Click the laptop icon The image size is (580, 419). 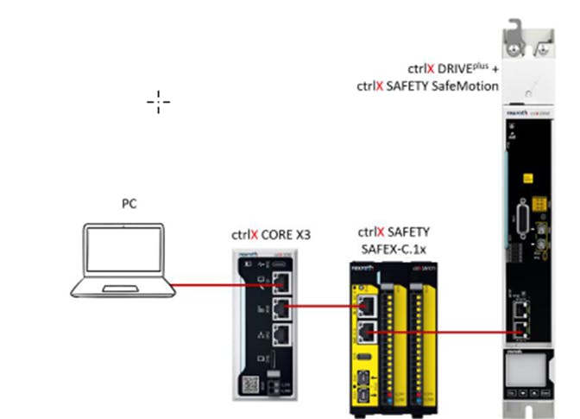[120, 261]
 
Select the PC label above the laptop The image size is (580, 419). [129, 204]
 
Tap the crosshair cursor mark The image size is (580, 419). [158, 102]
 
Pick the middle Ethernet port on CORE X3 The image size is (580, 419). [281, 307]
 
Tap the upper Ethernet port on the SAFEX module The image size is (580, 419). [366, 304]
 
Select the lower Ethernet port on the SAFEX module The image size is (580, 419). [366, 331]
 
